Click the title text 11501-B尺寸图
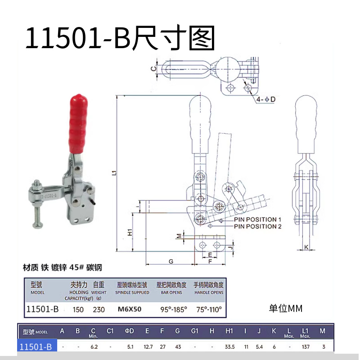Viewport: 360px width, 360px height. (120, 38)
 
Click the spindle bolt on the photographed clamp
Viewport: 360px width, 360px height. (37, 202)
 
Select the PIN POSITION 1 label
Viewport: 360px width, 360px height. (257, 219)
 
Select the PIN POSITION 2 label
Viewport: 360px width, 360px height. (257, 226)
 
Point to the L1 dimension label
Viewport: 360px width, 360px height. (114, 173)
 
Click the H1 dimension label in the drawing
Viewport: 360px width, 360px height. (129, 233)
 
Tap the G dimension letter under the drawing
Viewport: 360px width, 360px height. (171, 261)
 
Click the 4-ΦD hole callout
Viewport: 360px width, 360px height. (266, 99)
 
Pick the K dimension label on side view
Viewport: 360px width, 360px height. (306, 247)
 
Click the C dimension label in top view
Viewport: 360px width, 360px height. (153, 69)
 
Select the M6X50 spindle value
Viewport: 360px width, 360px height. (130, 310)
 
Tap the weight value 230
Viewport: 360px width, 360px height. (99, 310)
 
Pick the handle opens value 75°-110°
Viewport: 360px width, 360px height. (208, 310)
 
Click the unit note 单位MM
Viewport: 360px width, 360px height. (286, 308)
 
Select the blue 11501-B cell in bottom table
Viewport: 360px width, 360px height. (37, 346)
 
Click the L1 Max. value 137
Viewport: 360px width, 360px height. (306, 346)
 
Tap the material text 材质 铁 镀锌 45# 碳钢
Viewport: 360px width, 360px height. (63, 267)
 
